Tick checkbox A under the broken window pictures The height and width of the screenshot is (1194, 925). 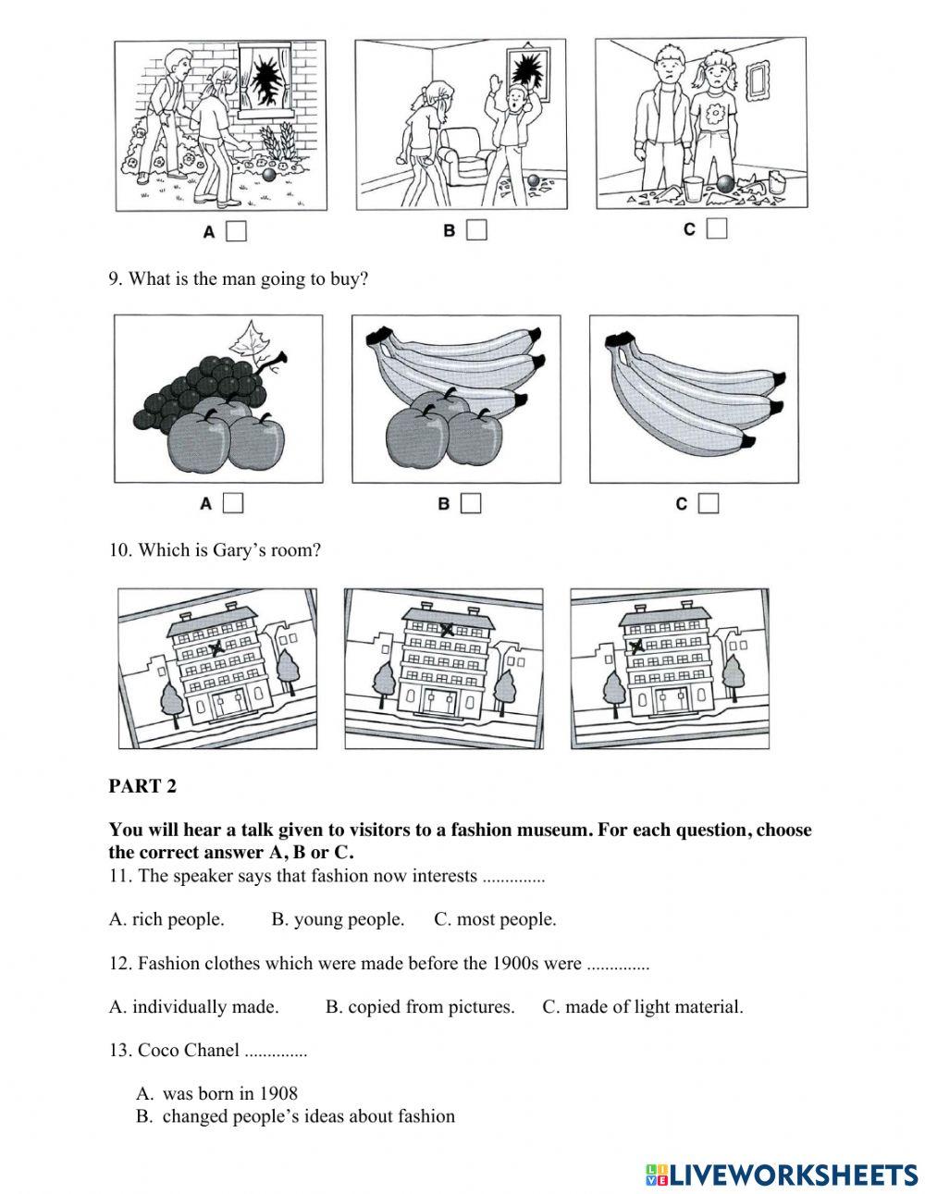[x=237, y=231]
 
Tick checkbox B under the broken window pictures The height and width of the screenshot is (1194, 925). [x=476, y=229]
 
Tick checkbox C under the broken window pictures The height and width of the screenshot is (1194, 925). [x=717, y=228]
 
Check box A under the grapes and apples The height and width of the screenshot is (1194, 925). [x=233, y=503]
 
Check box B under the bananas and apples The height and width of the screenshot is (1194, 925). [x=472, y=503]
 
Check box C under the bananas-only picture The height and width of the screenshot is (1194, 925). [x=709, y=503]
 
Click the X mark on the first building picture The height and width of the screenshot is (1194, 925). [x=217, y=648]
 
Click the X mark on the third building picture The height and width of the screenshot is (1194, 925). [x=636, y=646]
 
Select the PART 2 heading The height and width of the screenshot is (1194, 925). [x=142, y=786]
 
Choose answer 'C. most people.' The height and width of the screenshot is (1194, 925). [x=495, y=919]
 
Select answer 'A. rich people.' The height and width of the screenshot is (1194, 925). [x=166, y=919]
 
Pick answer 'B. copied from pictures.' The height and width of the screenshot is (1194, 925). [x=420, y=1007]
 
